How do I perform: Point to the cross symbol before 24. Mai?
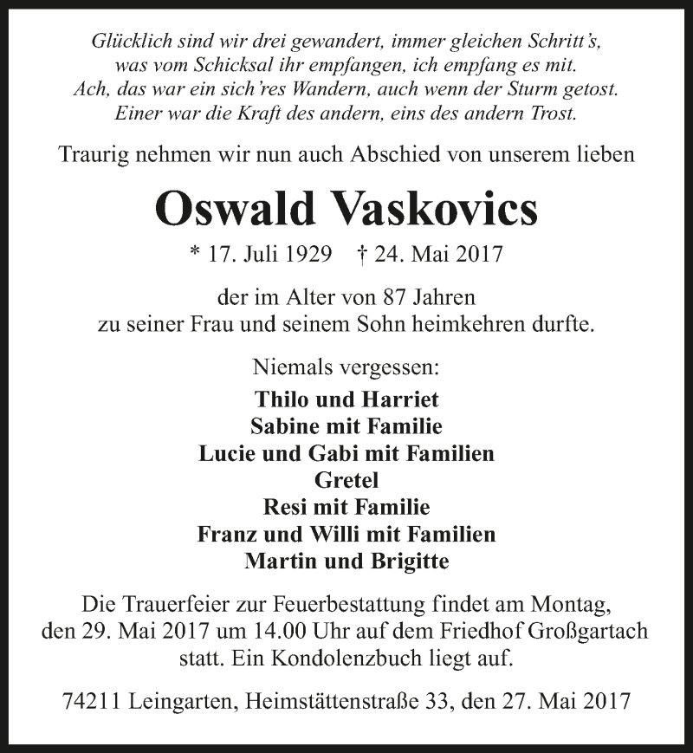tap(362, 255)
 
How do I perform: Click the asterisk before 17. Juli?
tap(195, 255)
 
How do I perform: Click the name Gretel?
tap(346, 480)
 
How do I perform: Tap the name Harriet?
tap(401, 399)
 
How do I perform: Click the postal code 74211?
tap(91, 700)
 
